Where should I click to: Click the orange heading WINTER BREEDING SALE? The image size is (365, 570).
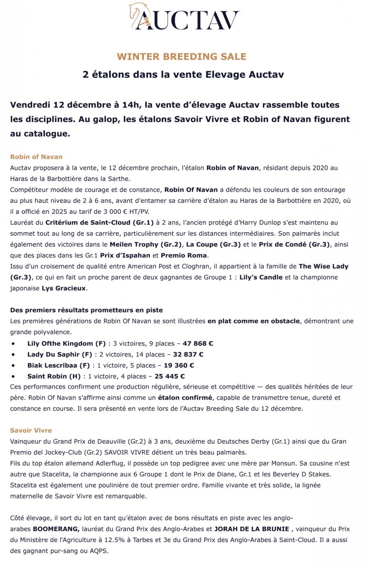click(182, 57)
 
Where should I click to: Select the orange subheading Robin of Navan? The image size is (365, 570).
click(36, 157)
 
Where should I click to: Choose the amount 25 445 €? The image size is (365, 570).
click(167, 376)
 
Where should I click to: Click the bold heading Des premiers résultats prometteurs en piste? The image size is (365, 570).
click(86, 310)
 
